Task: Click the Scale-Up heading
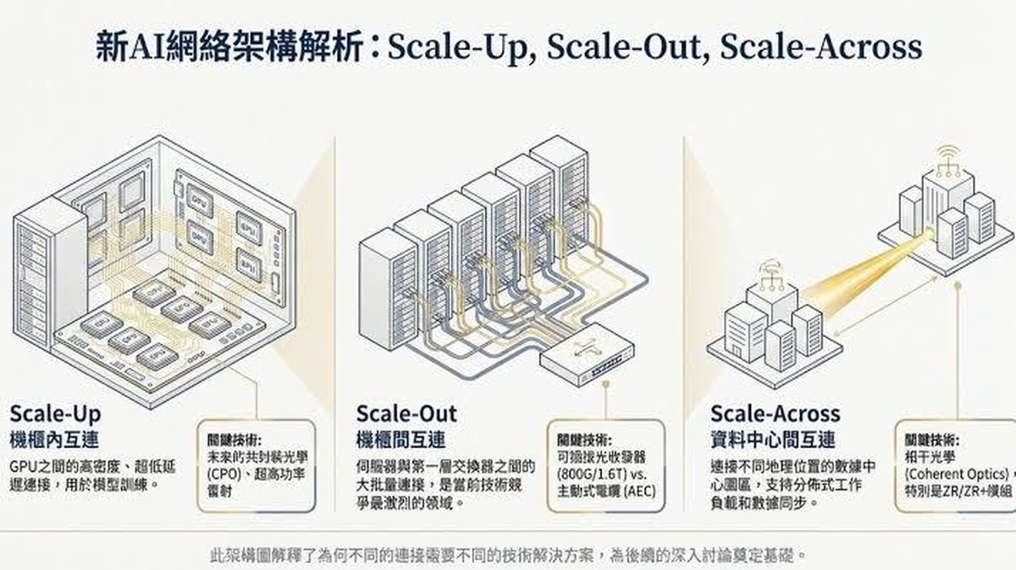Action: pos(55,413)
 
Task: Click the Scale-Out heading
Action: pos(406,413)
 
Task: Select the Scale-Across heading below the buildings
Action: pos(775,413)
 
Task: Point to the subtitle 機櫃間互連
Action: pos(400,440)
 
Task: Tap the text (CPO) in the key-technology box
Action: pos(223,473)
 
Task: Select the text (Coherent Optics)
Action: pos(955,473)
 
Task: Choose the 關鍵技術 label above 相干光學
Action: pos(931,440)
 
